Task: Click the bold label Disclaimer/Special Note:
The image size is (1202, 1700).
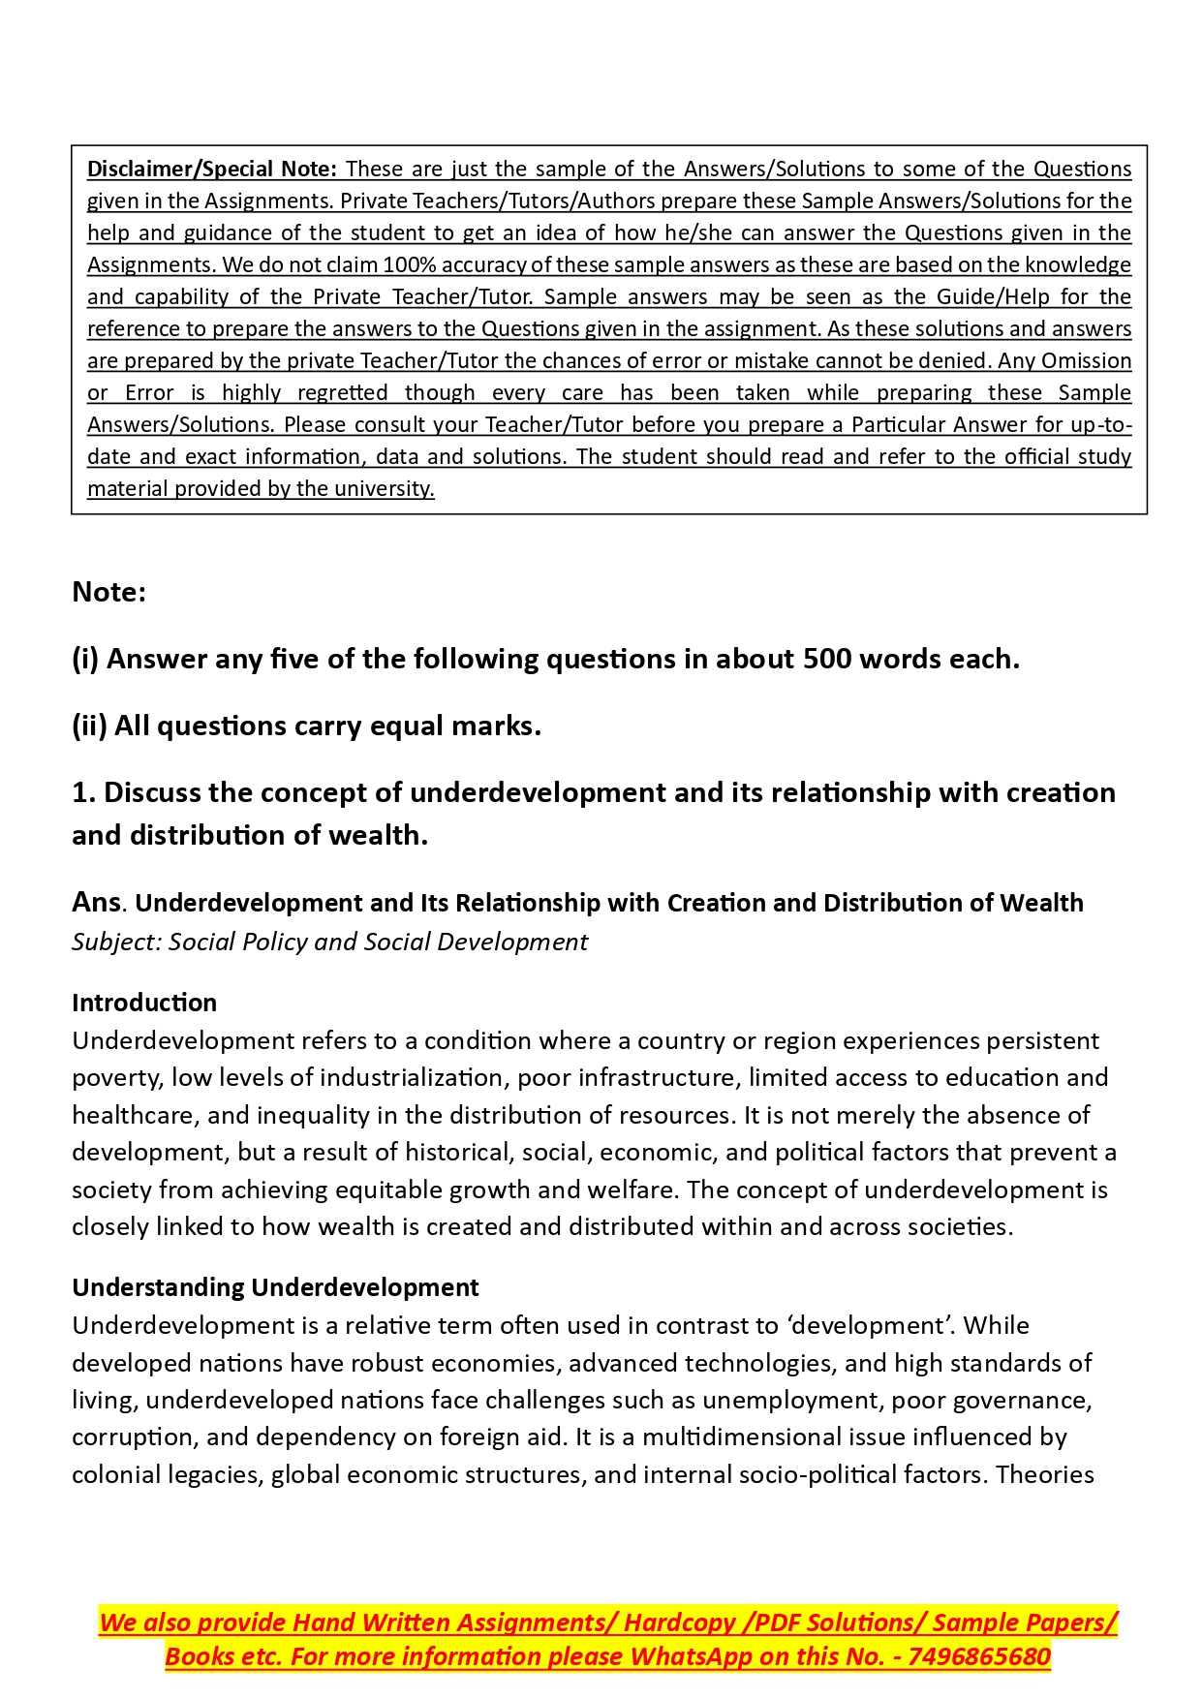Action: point(211,169)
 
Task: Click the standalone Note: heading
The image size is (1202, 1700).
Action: point(108,592)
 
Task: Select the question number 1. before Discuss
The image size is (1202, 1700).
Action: point(83,792)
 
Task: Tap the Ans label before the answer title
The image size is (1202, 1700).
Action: point(96,902)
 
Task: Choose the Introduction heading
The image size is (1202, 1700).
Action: point(144,1003)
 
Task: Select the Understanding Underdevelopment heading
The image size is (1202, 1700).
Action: point(275,1287)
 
